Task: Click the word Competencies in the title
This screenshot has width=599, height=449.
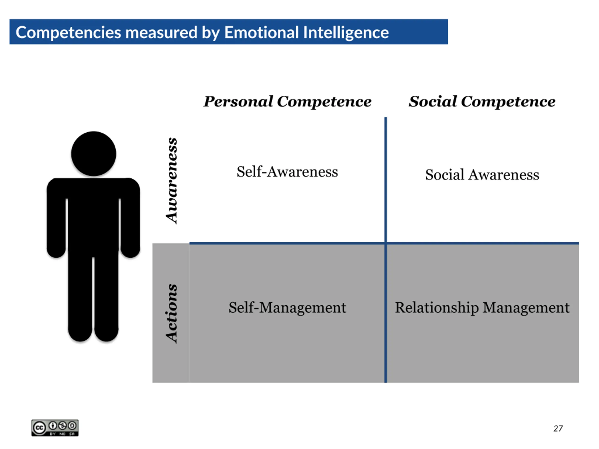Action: click(x=68, y=33)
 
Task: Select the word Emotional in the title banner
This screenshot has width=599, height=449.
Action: click(x=261, y=33)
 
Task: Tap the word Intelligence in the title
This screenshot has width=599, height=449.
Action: click(x=346, y=33)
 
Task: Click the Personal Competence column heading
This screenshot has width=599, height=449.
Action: click(x=287, y=101)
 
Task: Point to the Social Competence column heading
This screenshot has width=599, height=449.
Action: click(x=482, y=101)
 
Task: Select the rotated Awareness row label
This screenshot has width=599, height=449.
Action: click(x=172, y=181)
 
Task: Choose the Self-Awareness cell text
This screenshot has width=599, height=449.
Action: click(x=287, y=172)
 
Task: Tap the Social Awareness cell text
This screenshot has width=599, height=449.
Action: click(x=482, y=174)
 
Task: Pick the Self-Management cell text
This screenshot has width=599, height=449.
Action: click(x=287, y=308)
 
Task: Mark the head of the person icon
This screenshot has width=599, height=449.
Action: click(x=94, y=154)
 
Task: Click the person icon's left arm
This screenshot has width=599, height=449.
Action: click(x=56, y=219)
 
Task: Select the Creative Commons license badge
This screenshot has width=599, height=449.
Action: click(x=55, y=428)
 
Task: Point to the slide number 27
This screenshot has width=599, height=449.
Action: click(x=558, y=428)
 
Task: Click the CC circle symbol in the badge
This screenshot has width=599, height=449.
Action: click(x=39, y=428)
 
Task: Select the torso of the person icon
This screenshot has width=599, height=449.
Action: click(x=93, y=214)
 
